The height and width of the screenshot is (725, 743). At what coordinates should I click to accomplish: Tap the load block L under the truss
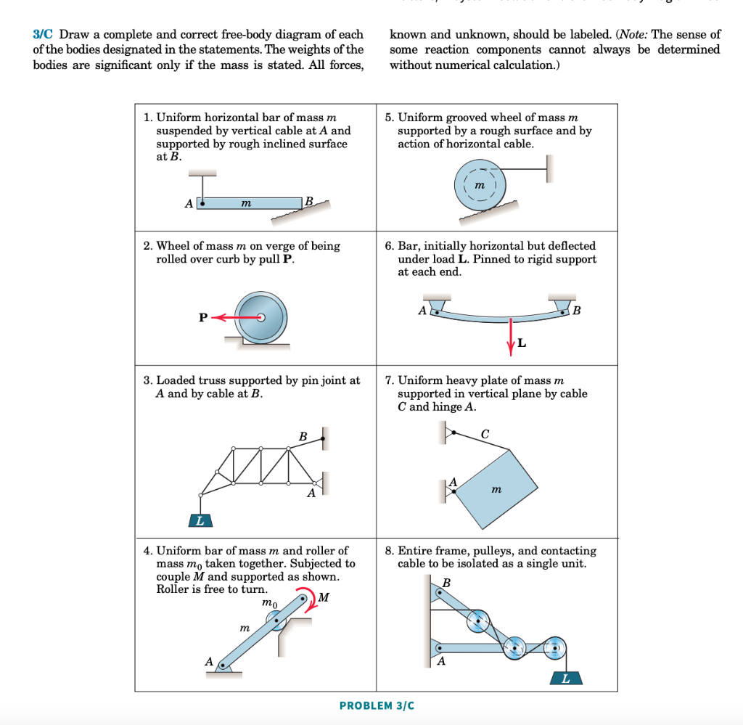pyautogui.click(x=200, y=520)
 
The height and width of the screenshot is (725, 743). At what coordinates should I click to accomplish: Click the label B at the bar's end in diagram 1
pyautogui.click(x=309, y=200)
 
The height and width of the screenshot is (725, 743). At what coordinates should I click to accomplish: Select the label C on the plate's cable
pyautogui.click(x=485, y=433)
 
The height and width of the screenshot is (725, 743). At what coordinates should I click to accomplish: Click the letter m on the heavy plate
pyautogui.click(x=496, y=490)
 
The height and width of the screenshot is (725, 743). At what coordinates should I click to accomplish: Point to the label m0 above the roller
pyautogui.click(x=269, y=602)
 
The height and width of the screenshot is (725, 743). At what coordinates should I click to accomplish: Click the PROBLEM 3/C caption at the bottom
pyautogui.click(x=377, y=705)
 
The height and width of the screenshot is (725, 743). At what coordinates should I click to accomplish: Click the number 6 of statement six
pyautogui.click(x=389, y=246)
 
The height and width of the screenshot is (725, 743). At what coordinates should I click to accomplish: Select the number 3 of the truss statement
pyautogui.click(x=147, y=380)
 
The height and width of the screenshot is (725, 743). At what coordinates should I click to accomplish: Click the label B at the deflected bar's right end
pyautogui.click(x=577, y=312)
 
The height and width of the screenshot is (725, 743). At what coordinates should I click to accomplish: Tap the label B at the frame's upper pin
pyautogui.click(x=446, y=583)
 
